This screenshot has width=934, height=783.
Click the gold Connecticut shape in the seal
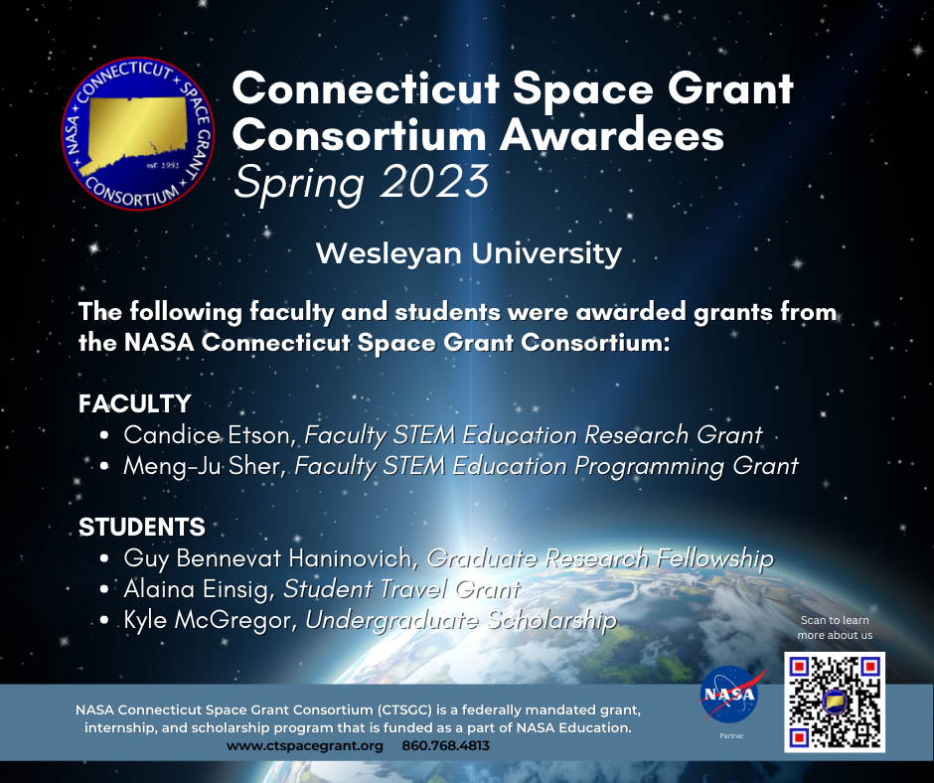137,133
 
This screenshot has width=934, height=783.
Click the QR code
834,702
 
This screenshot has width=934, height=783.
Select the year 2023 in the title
433,181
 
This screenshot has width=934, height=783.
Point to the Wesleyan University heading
469,253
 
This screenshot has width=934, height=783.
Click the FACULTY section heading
134,403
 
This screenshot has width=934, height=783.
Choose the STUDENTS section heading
142,527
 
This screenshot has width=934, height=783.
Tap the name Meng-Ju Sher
202,465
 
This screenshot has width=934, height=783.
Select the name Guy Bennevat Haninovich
267,558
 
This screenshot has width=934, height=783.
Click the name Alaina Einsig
196,589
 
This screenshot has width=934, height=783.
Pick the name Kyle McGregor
207,620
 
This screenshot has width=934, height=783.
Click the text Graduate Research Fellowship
600,558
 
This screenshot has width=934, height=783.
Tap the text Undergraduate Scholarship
461,620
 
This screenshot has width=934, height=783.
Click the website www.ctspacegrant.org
305,746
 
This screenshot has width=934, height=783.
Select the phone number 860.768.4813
445,746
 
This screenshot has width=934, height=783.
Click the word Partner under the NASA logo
731,736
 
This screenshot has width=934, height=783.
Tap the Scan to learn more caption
835,627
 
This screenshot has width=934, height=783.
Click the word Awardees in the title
611,135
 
